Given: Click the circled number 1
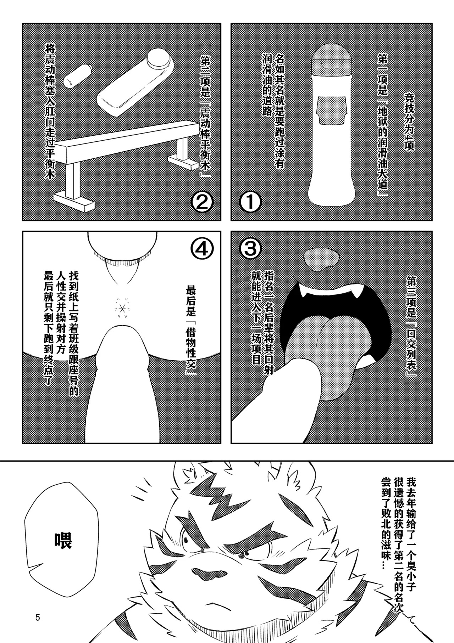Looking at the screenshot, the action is click(x=251, y=203).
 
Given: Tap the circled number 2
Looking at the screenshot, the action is click(x=201, y=203).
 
